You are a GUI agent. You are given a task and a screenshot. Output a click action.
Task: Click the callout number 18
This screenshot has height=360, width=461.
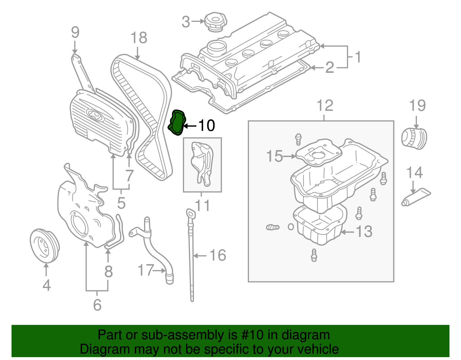point(139,38)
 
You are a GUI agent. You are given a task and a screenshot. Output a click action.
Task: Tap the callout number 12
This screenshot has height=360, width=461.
point(325,106)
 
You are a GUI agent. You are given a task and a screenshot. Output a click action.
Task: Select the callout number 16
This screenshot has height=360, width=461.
point(218,255)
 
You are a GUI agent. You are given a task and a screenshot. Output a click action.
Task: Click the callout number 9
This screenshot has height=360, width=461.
point(75,32)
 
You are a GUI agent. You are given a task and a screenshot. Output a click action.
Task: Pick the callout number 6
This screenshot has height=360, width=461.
point(97,305)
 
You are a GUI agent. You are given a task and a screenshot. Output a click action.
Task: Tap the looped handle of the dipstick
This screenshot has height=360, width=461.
point(190,214)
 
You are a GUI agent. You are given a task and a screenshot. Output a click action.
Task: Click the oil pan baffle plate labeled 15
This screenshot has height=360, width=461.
point(318,153)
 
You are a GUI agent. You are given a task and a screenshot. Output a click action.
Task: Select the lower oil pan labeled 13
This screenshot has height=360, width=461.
point(320,228)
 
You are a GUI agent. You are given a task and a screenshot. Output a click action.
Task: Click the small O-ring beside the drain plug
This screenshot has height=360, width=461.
point(291,227)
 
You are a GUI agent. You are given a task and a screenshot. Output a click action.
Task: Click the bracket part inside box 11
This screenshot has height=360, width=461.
point(202,163)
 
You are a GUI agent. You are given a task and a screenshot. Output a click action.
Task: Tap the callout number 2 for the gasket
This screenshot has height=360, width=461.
point(329,68)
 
